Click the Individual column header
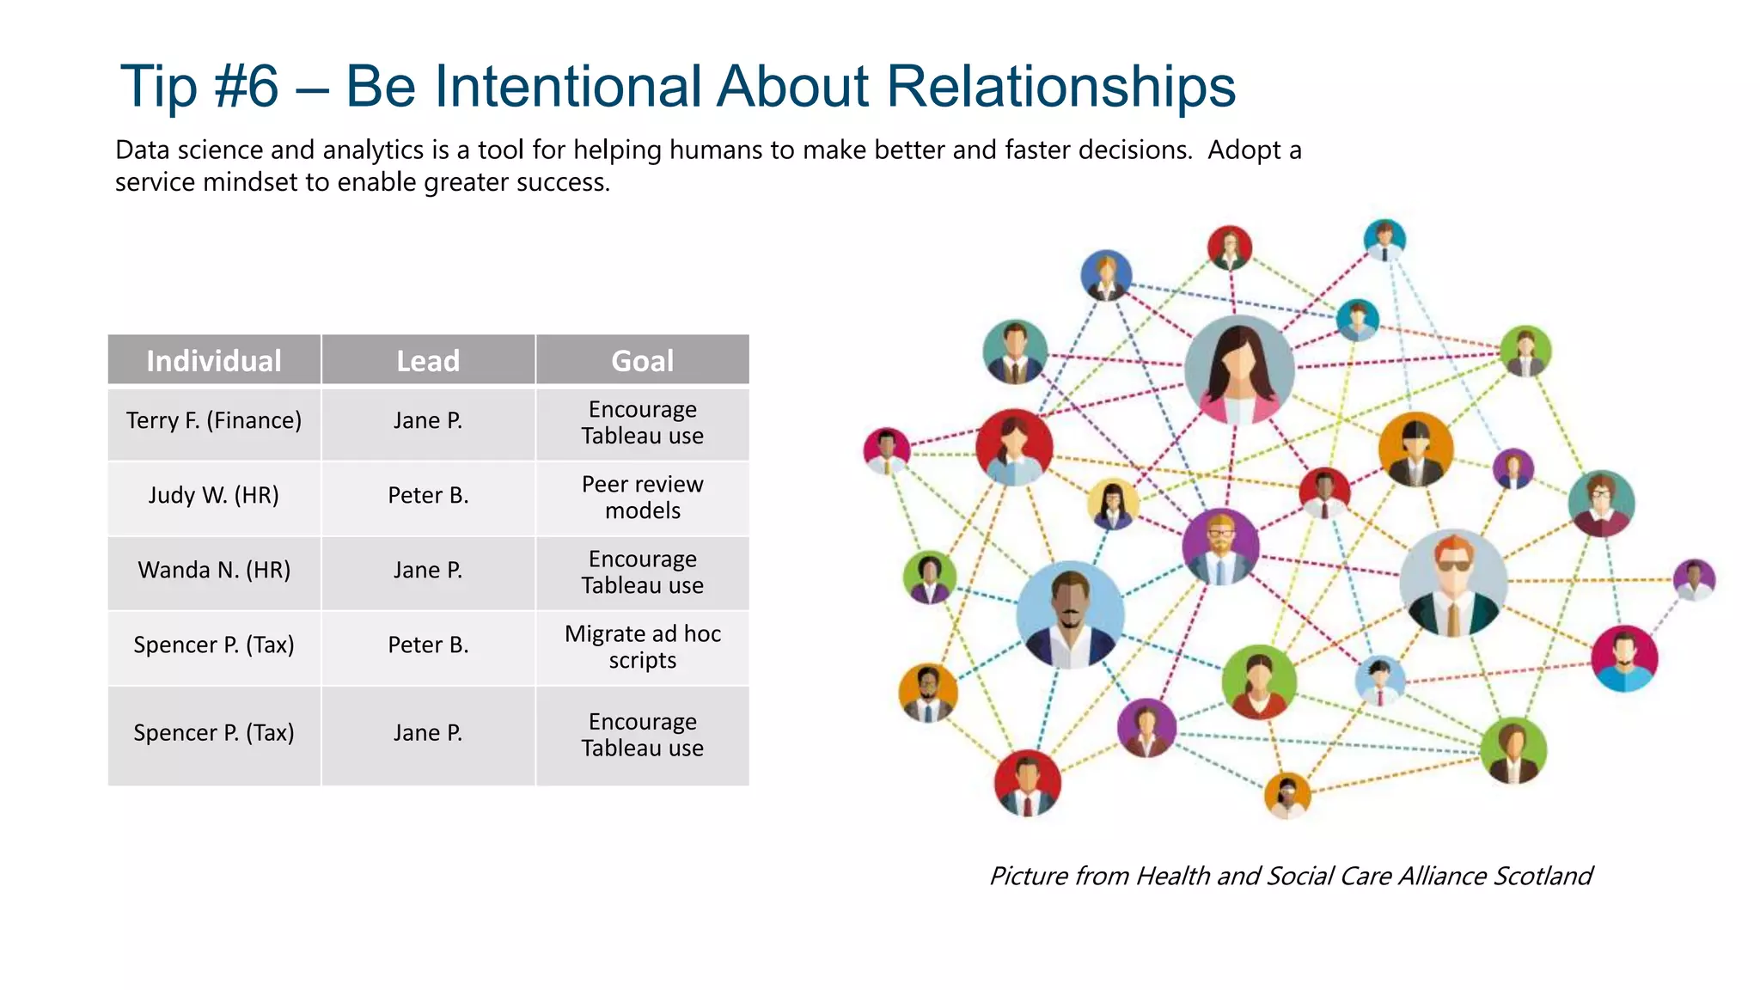pos(214,361)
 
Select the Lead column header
pos(428,361)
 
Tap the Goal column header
pos(642,361)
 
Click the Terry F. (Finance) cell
pos(214,421)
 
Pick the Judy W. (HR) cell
pos(214,496)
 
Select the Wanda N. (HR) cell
pos(214,571)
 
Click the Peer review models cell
pos(642,498)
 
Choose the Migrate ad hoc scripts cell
pos(642,647)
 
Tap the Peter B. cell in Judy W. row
pos(428,496)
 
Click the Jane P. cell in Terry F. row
pos(428,421)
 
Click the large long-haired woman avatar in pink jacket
pos(1239,370)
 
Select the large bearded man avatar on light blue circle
pos(1070,614)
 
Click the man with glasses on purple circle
pos(1220,547)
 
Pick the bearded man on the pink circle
pos(1623,658)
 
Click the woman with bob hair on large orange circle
pos(1415,449)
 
